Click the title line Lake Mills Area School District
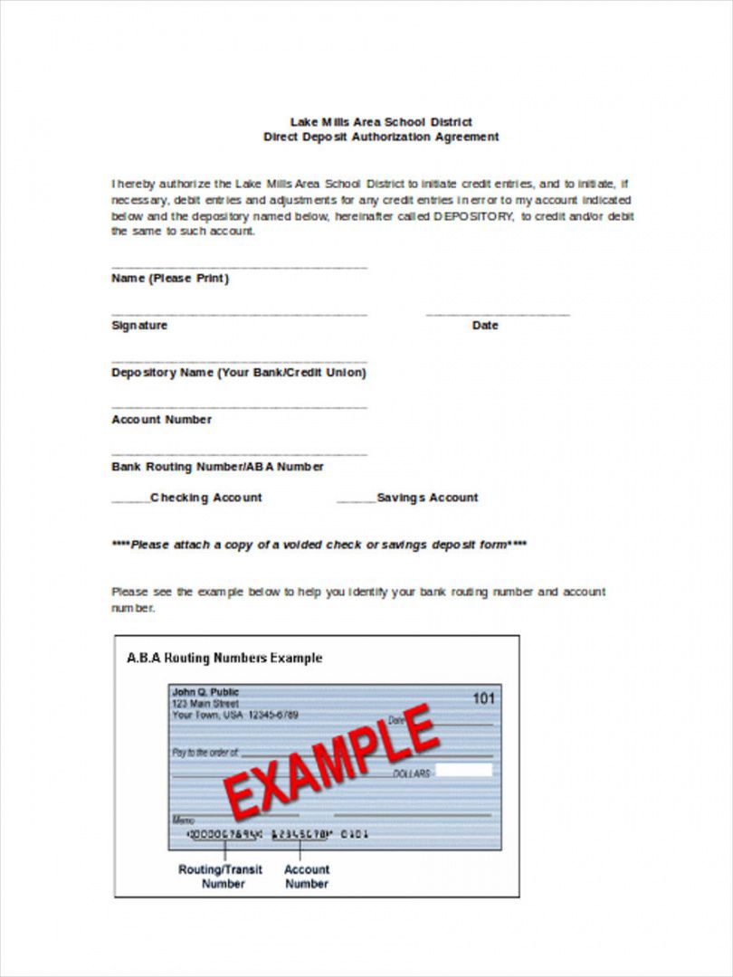click(x=380, y=121)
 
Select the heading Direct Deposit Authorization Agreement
click(x=380, y=137)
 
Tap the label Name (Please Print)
click(x=170, y=279)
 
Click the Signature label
click(x=139, y=326)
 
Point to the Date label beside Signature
click(x=485, y=326)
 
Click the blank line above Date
click(x=498, y=314)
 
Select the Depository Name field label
click(x=239, y=373)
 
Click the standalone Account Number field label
click(x=161, y=420)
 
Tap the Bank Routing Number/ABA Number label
click(x=217, y=467)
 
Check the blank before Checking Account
click(x=130, y=499)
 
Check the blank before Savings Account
click(x=356, y=499)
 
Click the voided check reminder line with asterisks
click(x=319, y=545)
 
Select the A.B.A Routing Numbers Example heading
click(x=224, y=658)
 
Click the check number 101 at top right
click(x=484, y=697)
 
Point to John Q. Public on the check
click(x=205, y=692)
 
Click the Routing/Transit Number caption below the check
click(x=220, y=877)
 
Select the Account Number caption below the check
click(x=307, y=877)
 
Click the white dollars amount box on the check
click(x=463, y=771)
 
